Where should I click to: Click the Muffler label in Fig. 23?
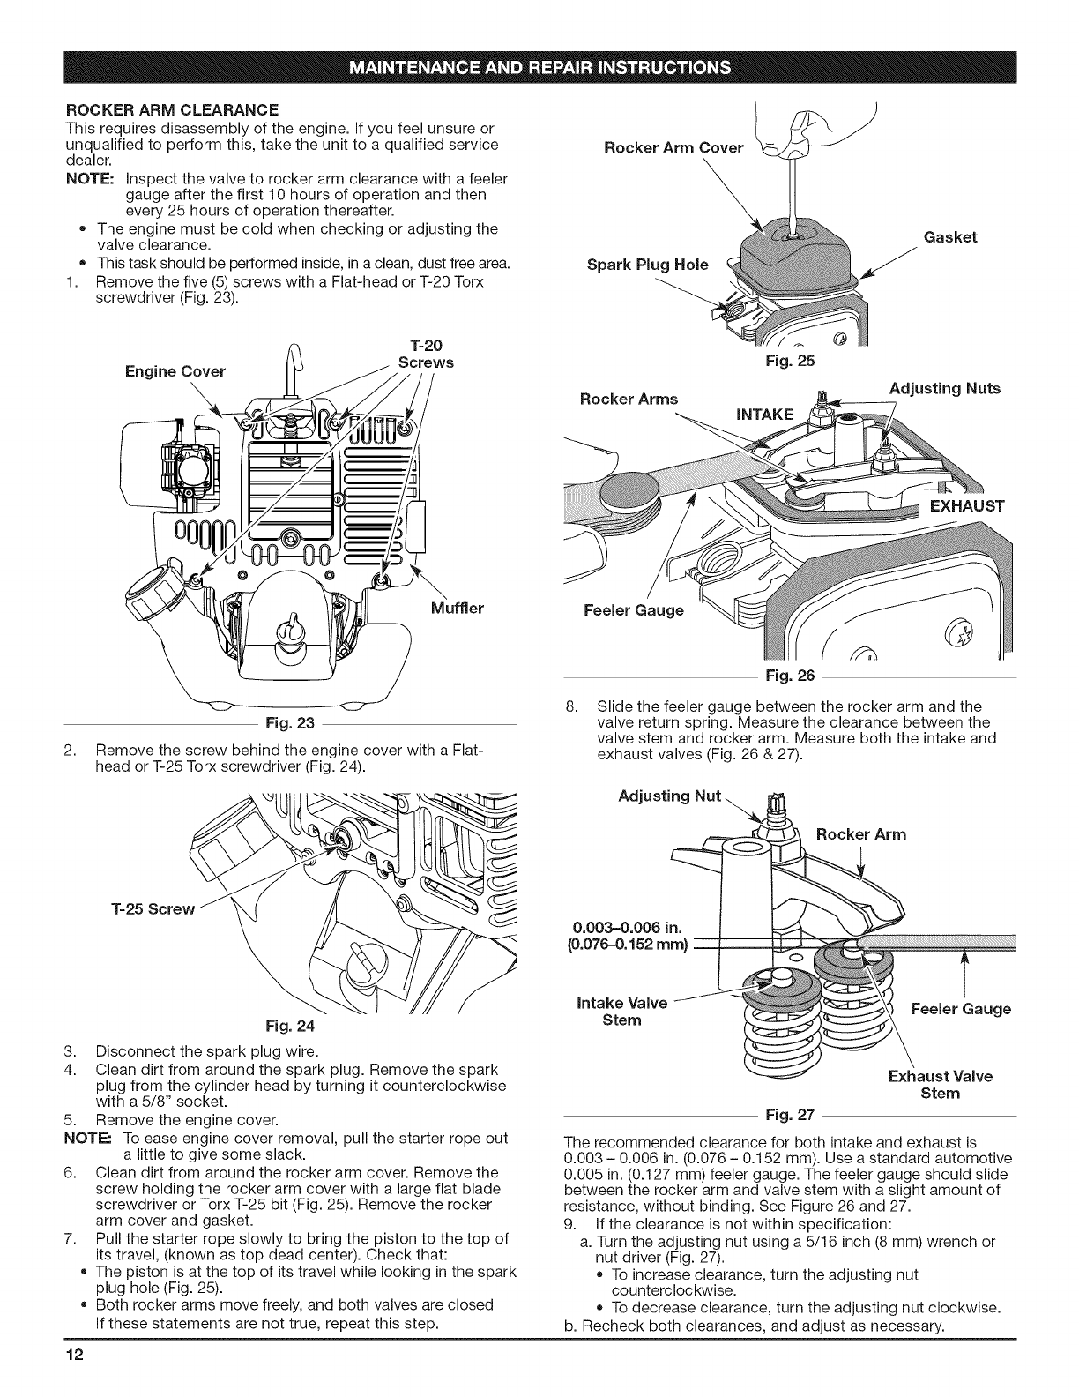pyautogui.click(x=458, y=608)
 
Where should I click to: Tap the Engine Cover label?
pyautogui.click(x=175, y=371)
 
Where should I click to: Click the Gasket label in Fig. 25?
pyautogui.click(x=950, y=237)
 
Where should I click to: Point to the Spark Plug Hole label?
pyautogui.click(x=647, y=265)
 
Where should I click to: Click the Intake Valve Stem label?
pyautogui.click(x=621, y=1012)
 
